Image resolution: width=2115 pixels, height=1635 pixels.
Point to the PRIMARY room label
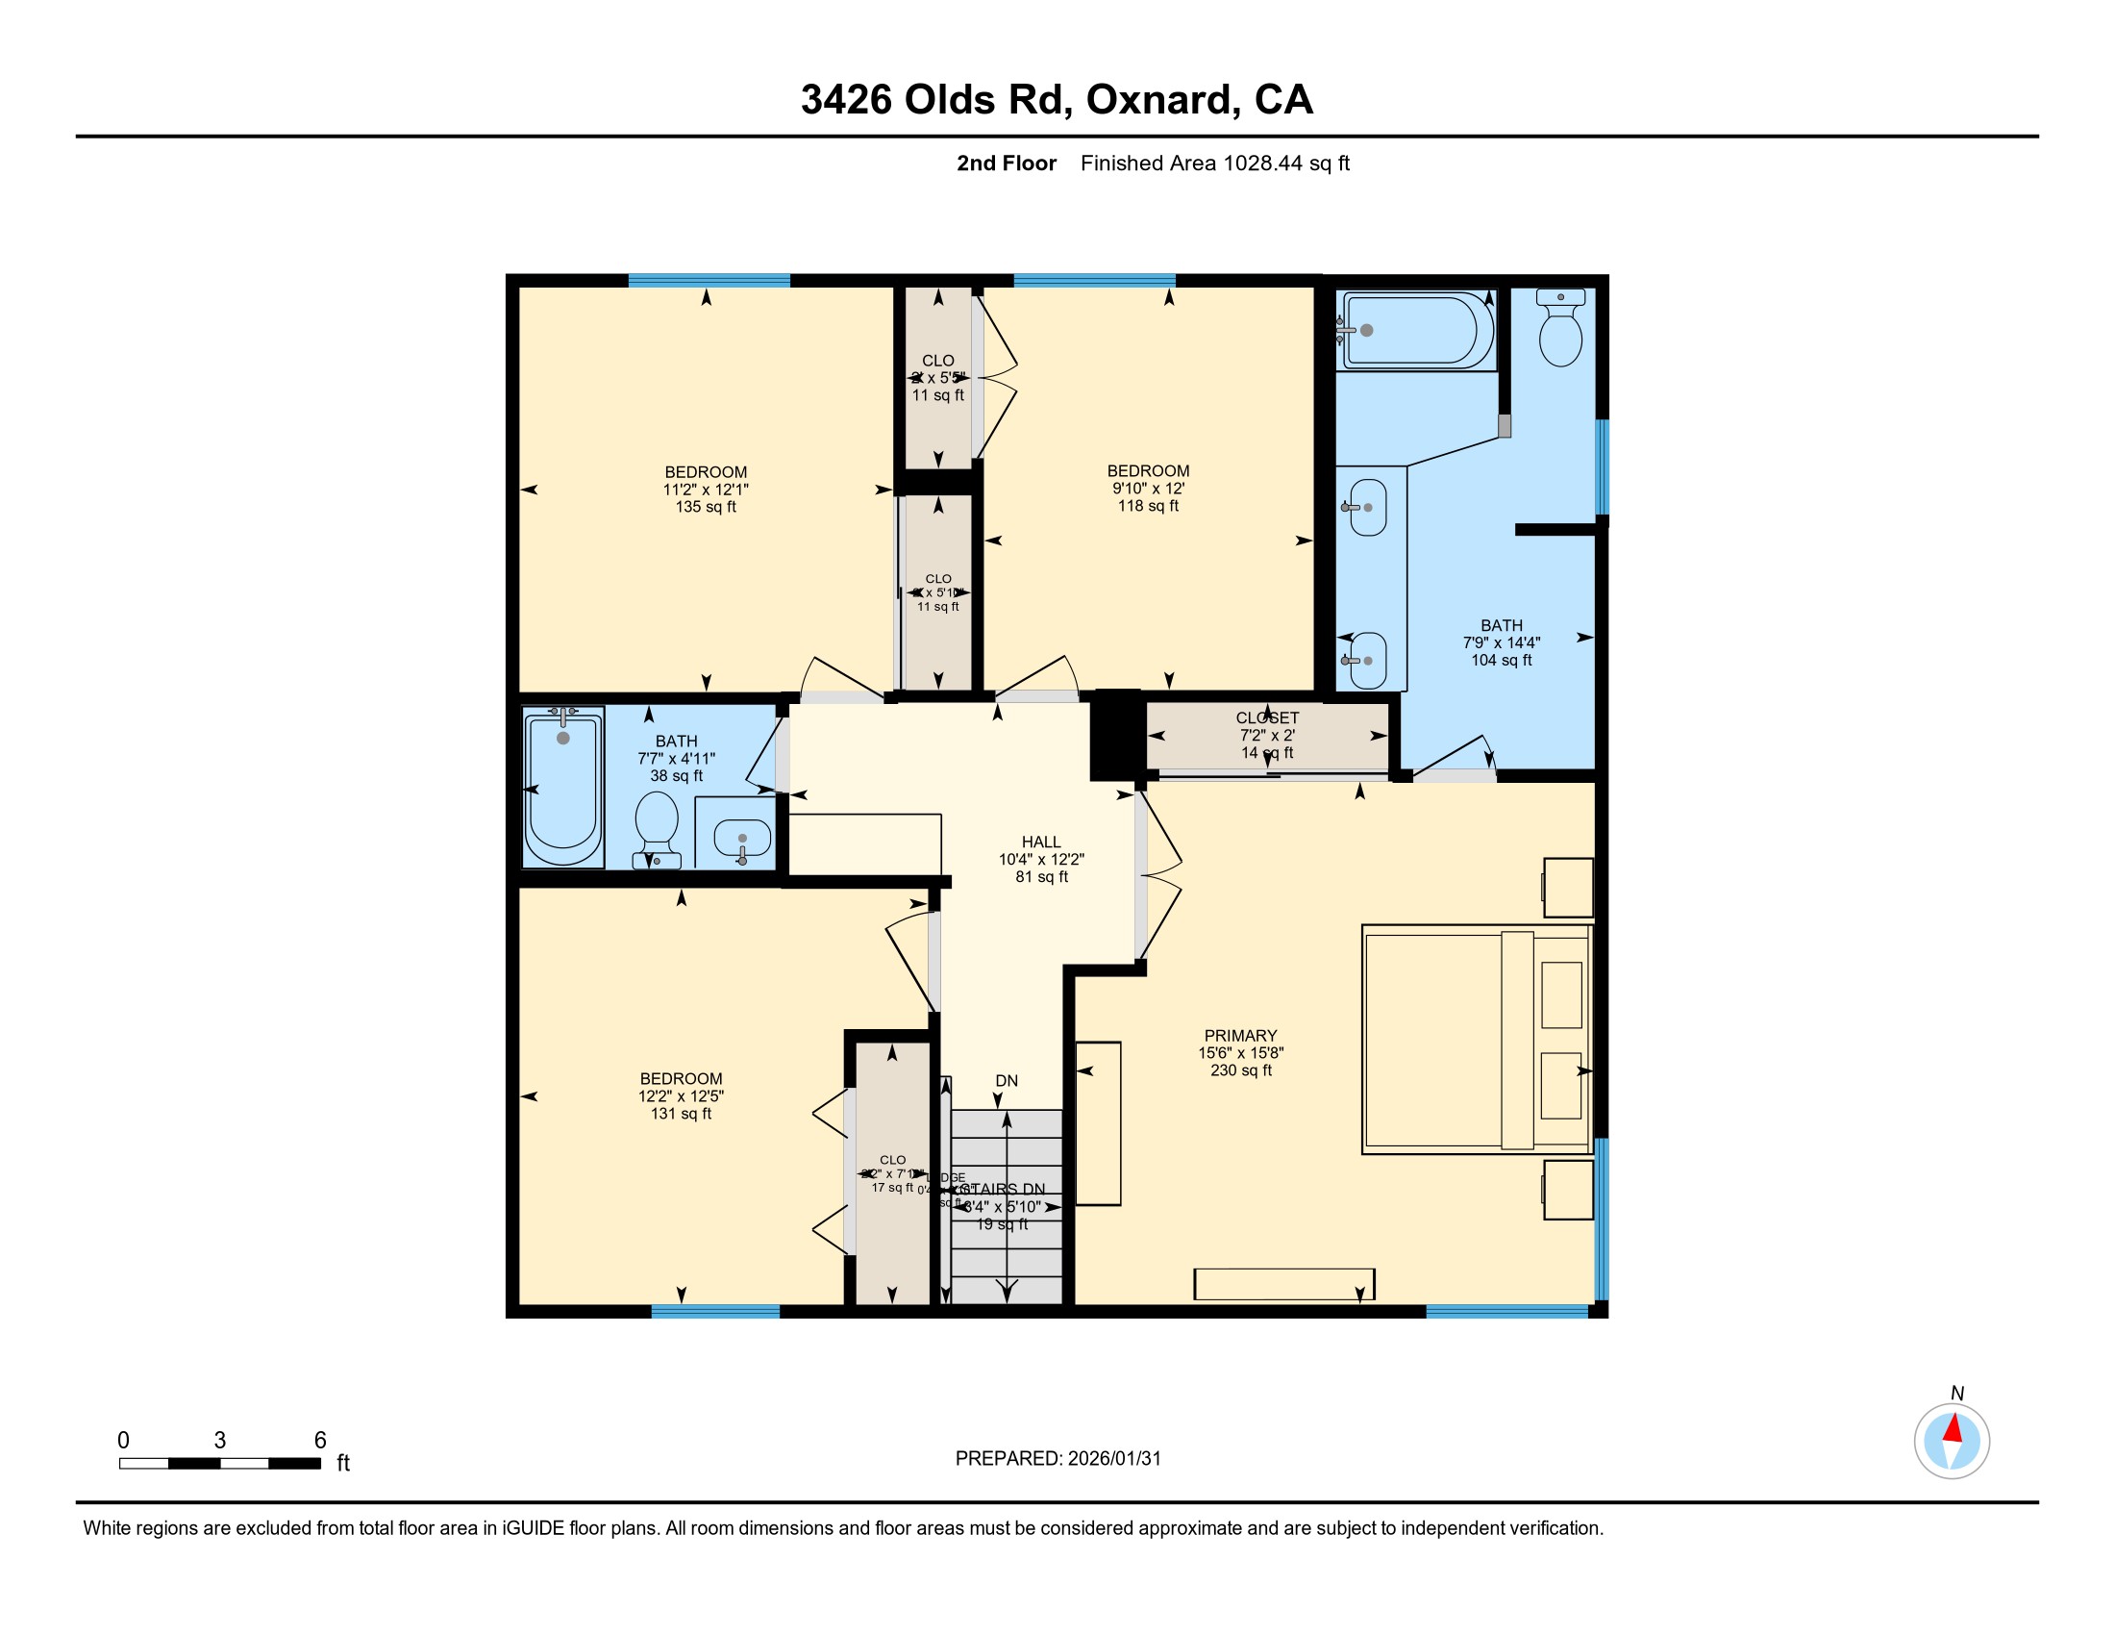1239,1036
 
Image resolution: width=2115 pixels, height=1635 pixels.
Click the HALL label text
1041,842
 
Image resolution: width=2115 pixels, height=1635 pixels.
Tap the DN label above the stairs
1007,1080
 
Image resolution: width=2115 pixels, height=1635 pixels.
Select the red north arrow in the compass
1953,1428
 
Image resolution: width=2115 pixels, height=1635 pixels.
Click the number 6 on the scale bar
319,1440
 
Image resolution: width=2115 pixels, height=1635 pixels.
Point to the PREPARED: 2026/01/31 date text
1057,1458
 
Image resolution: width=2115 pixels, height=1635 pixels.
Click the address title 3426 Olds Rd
1056,99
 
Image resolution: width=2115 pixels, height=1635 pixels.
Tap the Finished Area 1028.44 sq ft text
1214,163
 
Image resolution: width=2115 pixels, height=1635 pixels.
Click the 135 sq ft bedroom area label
705,507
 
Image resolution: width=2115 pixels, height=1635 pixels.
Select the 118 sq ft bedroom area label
1148,506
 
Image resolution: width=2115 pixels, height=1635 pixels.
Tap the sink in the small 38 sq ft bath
742,838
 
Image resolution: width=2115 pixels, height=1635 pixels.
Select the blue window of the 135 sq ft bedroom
709,281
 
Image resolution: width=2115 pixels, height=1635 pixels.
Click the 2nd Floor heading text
1007,163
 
